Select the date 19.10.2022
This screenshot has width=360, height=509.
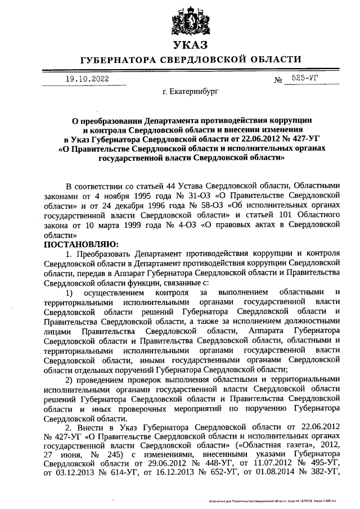(84, 79)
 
